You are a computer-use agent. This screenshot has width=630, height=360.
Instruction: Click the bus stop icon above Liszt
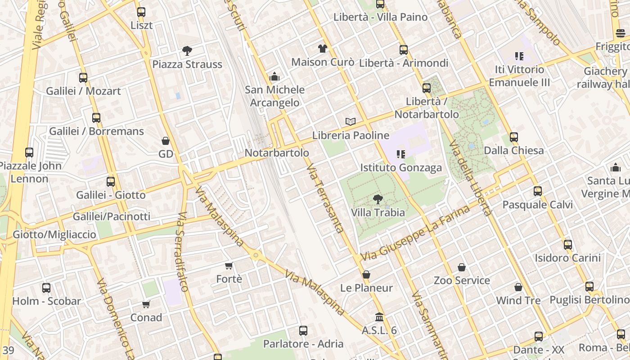[141, 12]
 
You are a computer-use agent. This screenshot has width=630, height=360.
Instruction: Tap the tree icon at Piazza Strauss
[187, 51]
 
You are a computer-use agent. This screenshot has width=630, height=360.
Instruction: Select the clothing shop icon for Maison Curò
[322, 49]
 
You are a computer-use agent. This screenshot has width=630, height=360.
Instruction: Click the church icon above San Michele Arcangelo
[274, 76]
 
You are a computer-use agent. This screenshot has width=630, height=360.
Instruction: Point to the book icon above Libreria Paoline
[351, 121]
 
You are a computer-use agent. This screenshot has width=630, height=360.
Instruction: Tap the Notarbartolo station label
[277, 153]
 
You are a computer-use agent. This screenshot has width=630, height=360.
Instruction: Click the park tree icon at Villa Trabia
[378, 199]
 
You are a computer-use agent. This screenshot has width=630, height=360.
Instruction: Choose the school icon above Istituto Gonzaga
[401, 154]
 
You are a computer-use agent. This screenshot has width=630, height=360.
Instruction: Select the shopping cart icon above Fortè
[229, 266]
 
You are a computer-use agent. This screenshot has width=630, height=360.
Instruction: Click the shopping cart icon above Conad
[146, 305]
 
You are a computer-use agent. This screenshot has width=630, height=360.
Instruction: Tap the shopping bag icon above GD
[166, 141]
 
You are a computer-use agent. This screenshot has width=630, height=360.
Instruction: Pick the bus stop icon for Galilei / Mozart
[83, 78]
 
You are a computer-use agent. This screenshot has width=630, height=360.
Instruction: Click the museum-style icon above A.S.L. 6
[379, 317]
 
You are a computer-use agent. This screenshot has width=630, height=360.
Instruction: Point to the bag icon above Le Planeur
[366, 274]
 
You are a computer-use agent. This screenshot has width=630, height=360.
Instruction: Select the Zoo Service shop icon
[462, 267]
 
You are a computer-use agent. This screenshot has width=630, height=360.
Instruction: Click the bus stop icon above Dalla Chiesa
[514, 137]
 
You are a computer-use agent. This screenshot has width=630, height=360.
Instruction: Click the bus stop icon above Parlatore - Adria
[303, 331]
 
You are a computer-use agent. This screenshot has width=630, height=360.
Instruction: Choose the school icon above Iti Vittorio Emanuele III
[519, 56]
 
